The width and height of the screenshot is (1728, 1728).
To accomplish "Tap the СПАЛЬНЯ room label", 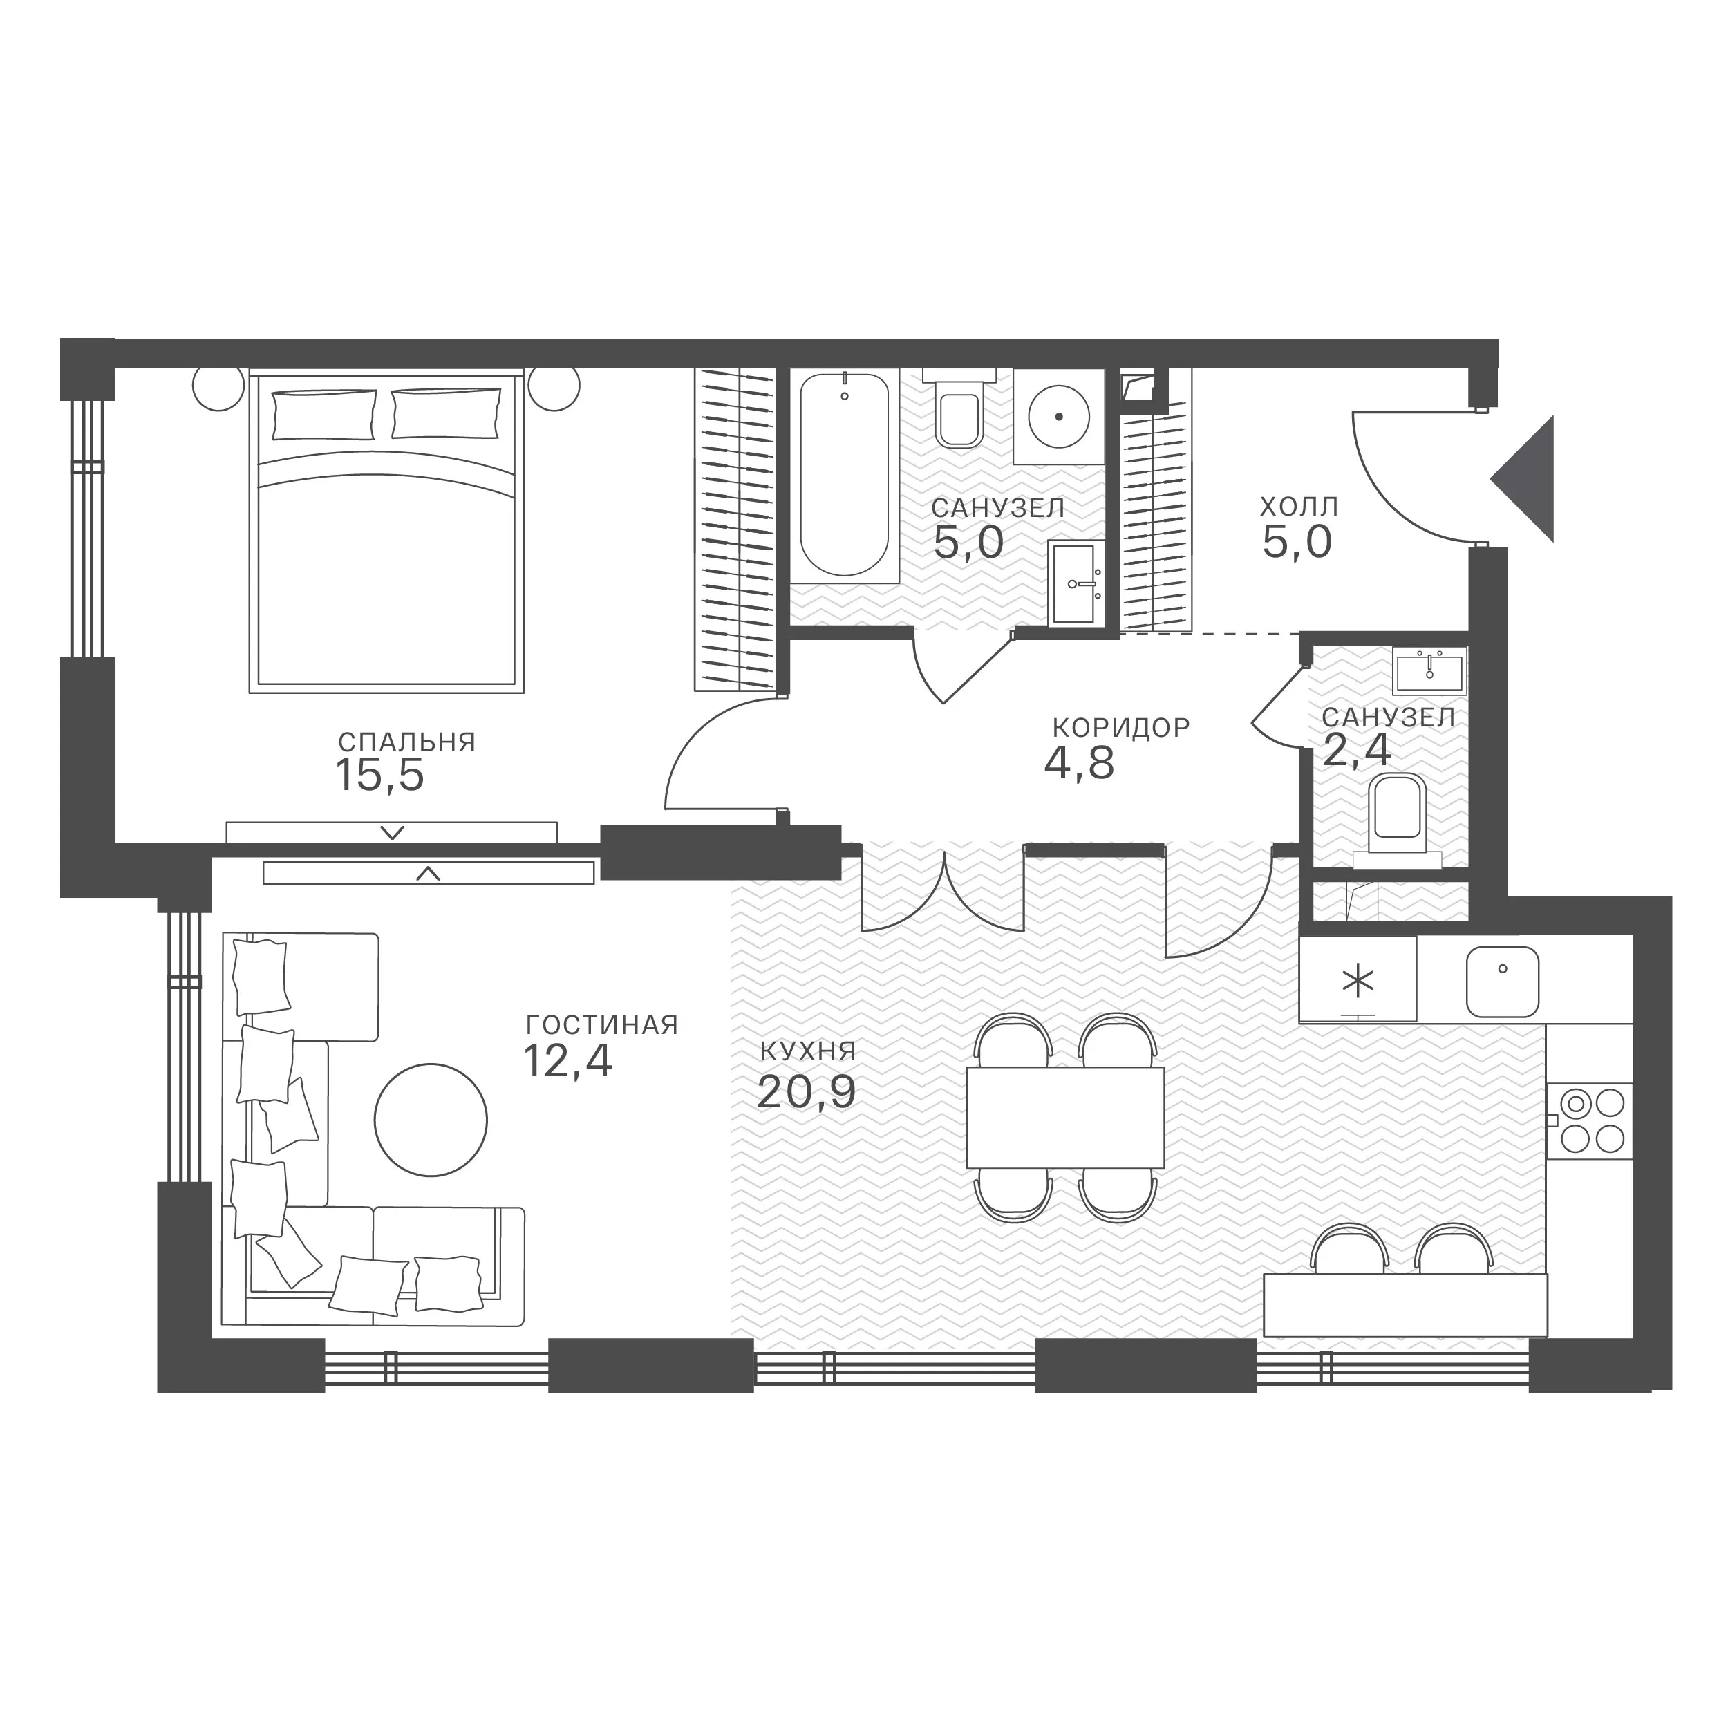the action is click(x=407, y=742).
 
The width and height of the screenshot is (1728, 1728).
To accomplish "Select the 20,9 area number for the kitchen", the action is click(x=806, y=1092).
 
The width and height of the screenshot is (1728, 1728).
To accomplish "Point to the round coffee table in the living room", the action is click(x=431, y=1120).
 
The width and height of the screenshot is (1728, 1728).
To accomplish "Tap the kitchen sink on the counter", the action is click(x=1503, y=982).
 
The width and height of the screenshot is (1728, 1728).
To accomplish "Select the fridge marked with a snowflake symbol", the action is click(x=1358, y=979).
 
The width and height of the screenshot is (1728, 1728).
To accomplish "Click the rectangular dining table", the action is click(x=1065, y=1117).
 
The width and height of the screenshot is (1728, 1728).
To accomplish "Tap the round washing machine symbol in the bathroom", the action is click(x=1059, y=416).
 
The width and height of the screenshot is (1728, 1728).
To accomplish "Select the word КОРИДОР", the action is click(x=1122, y=727).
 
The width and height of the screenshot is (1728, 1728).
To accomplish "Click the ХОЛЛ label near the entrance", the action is click(x=1299, y=507).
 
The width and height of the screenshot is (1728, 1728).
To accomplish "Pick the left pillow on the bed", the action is click(x=323, y=414).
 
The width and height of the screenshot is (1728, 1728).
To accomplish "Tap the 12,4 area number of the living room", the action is click(x=568, y=1062).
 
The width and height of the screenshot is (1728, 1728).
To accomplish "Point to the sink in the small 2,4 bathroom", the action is click(x=1429, y=673).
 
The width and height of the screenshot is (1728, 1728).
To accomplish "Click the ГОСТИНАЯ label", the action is click(x=602, y=1025).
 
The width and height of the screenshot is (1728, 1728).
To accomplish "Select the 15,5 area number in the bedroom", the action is click(x=380, y=775).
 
